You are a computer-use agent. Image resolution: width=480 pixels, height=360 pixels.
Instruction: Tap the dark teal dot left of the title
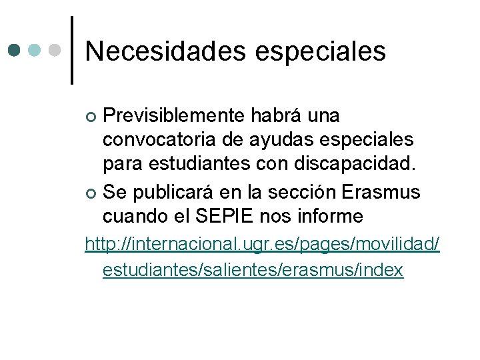[15, 50]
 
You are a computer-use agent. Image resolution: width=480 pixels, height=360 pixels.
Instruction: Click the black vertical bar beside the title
[72, 50]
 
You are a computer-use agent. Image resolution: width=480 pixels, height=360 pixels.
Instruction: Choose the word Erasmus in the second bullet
[381, 192]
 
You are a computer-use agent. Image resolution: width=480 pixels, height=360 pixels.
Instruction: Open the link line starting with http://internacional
[262, 244]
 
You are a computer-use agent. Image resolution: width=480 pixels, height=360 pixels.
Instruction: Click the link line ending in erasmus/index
[253, 269]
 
